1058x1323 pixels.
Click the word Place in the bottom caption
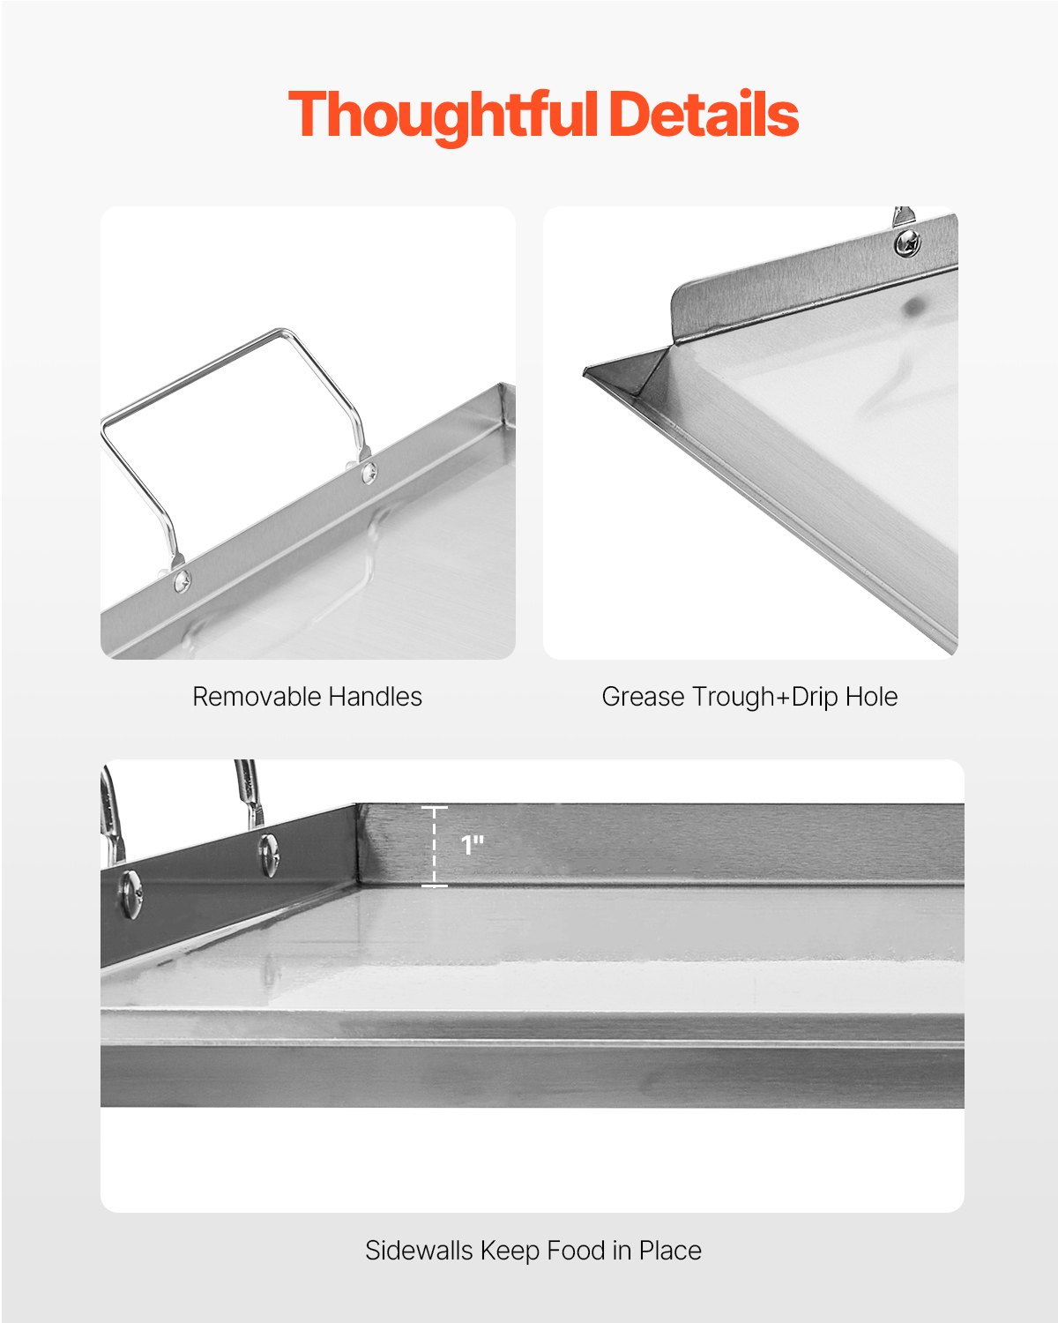click(x=670, y=1251)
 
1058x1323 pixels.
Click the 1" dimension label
click(x=473, y=846)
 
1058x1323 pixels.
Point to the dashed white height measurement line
click(x=434, y=847)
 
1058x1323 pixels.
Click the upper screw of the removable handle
click(x=368, y=473)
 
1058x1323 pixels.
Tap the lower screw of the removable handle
click(x=182, y=579)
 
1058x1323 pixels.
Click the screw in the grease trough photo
click(x=907, y=241)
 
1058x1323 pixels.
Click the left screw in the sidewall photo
click(x=130, y=893)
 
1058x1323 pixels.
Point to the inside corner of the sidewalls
click(x=358, y=880)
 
